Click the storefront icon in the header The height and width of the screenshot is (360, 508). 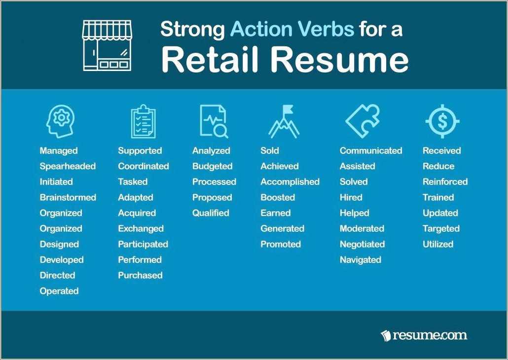click(x=107, y=45)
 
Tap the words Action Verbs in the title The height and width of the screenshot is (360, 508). click(x=292, y=30)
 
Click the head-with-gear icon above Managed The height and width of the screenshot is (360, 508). click(x=60, y=121)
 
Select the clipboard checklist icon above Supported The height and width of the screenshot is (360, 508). click(x=143, y=121)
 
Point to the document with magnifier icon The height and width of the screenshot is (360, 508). click(x=214, y=121)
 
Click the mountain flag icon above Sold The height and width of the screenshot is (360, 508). click(x=284, y=121)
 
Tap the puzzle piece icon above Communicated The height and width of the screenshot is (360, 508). click(x=362, y=121)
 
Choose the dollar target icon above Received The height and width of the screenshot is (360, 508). click(x=442, y=121)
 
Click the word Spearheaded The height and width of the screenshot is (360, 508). click(x=68, y=166)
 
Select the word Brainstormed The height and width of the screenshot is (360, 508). click(x=68, y=197)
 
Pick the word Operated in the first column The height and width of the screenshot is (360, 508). click(x=59, y=291)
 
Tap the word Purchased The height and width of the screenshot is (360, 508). click(x=140, y=275)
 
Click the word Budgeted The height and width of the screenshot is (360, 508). click(x=212, y=166)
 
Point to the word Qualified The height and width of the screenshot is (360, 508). click(x=211, y=213)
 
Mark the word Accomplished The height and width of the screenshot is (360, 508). click(x=290, y=181)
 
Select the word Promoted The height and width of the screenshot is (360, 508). click(x=281, y=244)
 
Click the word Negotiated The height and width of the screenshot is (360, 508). click(x=362, y=244)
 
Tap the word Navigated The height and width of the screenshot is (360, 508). click(x=361, y=260)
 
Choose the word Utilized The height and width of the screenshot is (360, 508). click(x=438, y=244)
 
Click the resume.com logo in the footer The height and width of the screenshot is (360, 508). click(x=424, y=336)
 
